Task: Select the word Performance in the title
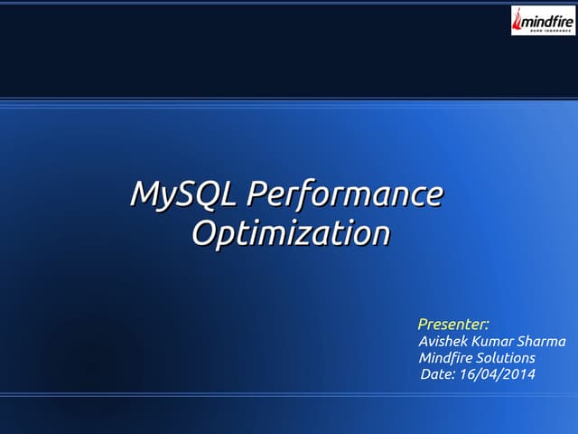tap(346, 194)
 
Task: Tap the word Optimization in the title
tap(290, 233)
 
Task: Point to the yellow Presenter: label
tap(453, 324)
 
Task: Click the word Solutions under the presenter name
tap(506, 358)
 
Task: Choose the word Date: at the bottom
tap(439, 375)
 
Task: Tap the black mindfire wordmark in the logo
tap(547, 16)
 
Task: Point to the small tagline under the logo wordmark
tap(547, 27)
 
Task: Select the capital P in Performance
tap(256, 194)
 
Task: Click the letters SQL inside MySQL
tap(210, 194)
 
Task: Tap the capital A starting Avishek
tap(425, 341)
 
